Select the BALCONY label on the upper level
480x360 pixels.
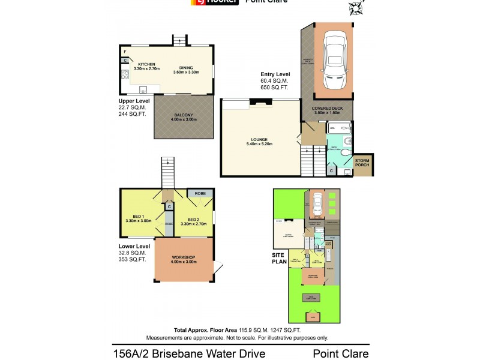tap(184, 116)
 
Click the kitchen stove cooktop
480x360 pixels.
tap(125, 76)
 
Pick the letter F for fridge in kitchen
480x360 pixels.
tap(124, 52)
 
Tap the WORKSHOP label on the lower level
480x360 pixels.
tap(184, 260)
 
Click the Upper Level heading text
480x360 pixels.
tap(134, 101)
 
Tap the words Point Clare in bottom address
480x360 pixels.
tap(341, 355)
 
